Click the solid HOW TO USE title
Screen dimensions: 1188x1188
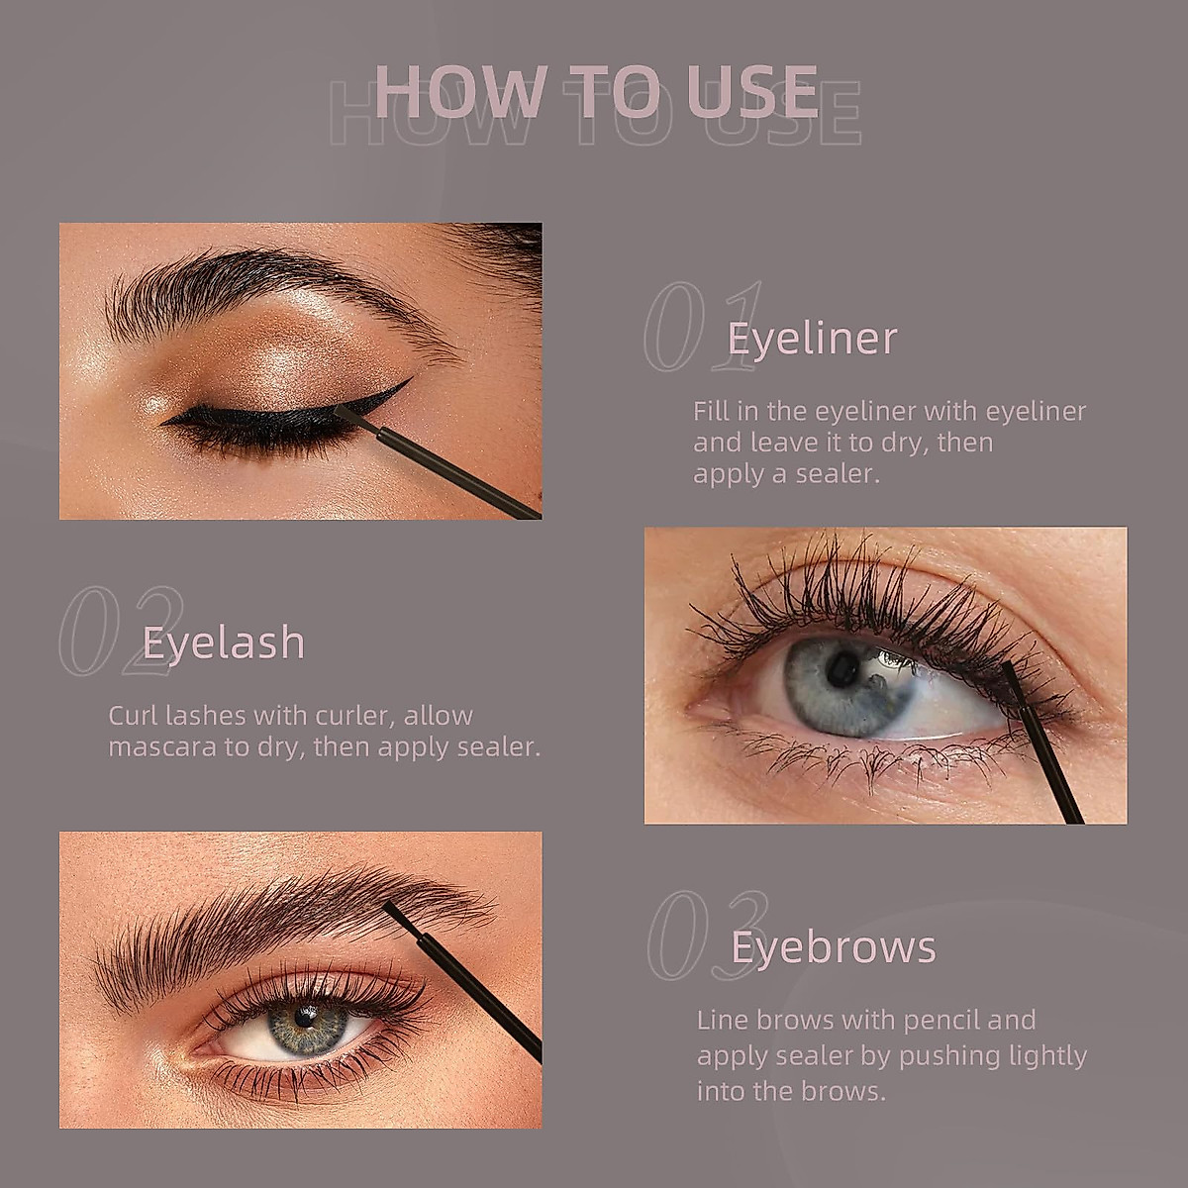tap(596, 91)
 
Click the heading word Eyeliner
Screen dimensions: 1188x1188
tap(812, 339)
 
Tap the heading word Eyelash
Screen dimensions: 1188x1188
tap(224, 643)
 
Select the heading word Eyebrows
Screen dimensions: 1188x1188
tap(833, 947)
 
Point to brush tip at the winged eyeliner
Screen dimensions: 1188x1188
tap(348, 418)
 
